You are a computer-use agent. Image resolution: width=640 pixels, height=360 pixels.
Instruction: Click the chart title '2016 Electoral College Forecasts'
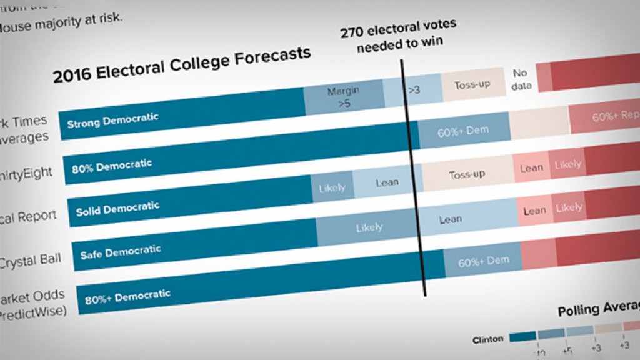click(x=181, y=65)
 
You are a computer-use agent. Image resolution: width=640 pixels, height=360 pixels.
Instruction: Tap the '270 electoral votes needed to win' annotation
click(x=398, y=34)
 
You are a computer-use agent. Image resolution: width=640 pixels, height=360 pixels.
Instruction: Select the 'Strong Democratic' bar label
click(x=112, y=120)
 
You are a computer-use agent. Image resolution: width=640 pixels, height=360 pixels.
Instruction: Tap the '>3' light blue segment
click(x=414, y=90)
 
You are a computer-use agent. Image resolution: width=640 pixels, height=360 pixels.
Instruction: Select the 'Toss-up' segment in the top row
click(x=472, y=85)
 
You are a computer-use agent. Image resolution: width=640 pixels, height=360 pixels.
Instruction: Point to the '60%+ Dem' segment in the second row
click(x=463, y=131)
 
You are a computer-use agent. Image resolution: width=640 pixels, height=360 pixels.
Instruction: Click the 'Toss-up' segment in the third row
click(x=467, y=174)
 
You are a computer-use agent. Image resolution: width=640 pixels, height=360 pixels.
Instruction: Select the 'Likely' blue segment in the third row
click(x=332, y=187)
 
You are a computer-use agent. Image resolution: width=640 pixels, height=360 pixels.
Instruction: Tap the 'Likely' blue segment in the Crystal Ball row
click(x=369, y=227)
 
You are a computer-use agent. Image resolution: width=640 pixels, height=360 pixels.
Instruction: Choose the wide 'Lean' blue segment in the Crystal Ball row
click(x=450, y=219)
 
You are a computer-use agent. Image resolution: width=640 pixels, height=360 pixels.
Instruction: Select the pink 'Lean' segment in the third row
click(x=531, y=167)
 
